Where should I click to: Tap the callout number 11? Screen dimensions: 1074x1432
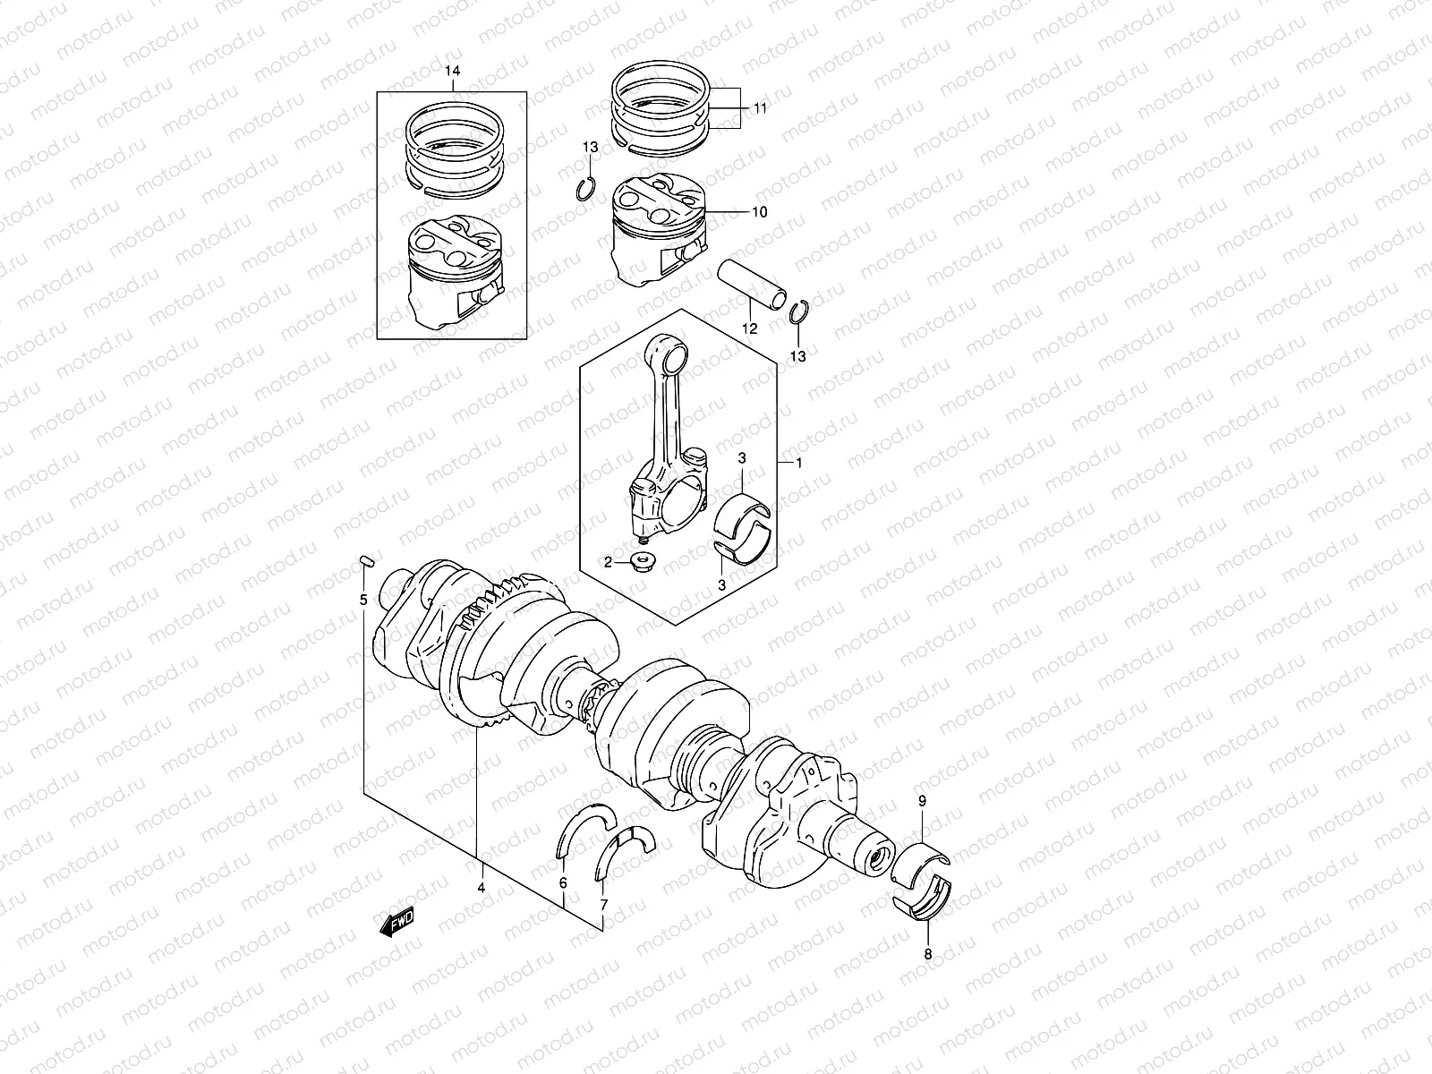(x=760, y=108)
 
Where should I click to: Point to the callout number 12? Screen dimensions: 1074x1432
(x=749, y=328)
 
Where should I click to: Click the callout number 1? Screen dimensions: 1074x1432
(x=798, y=463)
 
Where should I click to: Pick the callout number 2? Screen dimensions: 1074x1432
(x=608, y=562)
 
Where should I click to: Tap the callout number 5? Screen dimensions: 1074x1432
(x=363, y=600)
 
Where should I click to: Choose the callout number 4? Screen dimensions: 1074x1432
(x=481, y=888)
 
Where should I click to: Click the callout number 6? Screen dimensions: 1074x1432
(x=563, y=883)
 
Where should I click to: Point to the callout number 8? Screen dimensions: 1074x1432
(x=927, y=954)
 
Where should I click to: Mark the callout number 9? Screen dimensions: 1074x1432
(x=923, y=801)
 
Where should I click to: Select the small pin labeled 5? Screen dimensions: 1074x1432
(x=363, y=562)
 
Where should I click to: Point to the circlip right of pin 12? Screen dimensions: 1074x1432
(x=800, y=315)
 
